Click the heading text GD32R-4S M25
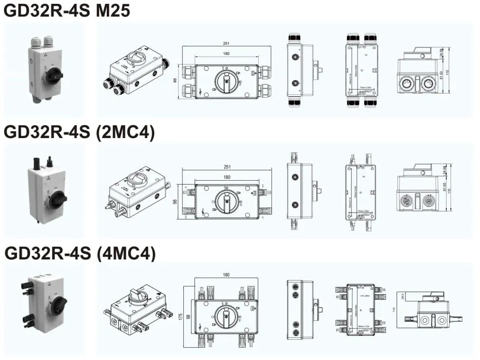(x=67, y=10)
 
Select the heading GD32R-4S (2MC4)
(x=79, y=132)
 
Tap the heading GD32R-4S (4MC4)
(x=80, y=254)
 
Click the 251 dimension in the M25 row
(x=226, y=44)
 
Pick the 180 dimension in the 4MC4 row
(x=226, y=275)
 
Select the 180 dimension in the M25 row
(x=226, y=54)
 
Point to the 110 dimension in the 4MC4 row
(x=394, y=309)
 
